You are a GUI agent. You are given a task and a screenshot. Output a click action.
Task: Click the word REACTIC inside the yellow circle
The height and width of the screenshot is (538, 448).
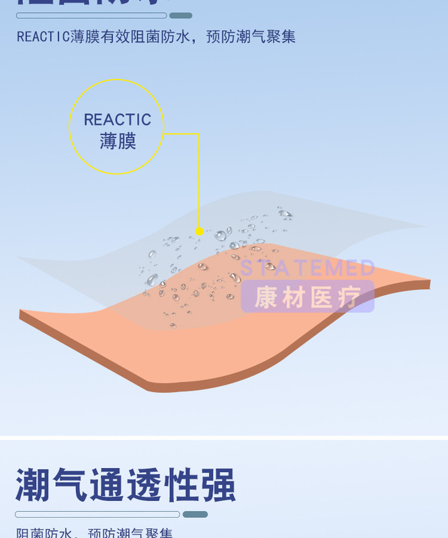coord(118,120)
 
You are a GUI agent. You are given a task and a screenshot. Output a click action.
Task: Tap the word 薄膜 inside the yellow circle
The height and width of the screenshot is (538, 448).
coord(118,141)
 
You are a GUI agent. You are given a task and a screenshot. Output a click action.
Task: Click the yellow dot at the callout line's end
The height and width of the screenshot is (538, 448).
coord(199,231)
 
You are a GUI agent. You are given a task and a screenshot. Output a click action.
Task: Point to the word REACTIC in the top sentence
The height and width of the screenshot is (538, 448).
coord(43,36)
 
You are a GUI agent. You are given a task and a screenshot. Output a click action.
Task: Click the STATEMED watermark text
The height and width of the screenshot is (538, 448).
coord(307,268)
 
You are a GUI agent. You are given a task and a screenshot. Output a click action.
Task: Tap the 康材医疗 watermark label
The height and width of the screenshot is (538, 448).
coord(307,297)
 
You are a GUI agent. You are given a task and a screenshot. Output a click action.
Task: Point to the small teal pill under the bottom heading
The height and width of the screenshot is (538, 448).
coord(195,514)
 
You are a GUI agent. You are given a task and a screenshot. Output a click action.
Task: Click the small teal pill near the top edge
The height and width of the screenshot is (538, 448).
coord(181,15)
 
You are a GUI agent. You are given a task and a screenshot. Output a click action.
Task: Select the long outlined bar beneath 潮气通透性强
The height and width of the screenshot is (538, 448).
coord(97,514)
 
